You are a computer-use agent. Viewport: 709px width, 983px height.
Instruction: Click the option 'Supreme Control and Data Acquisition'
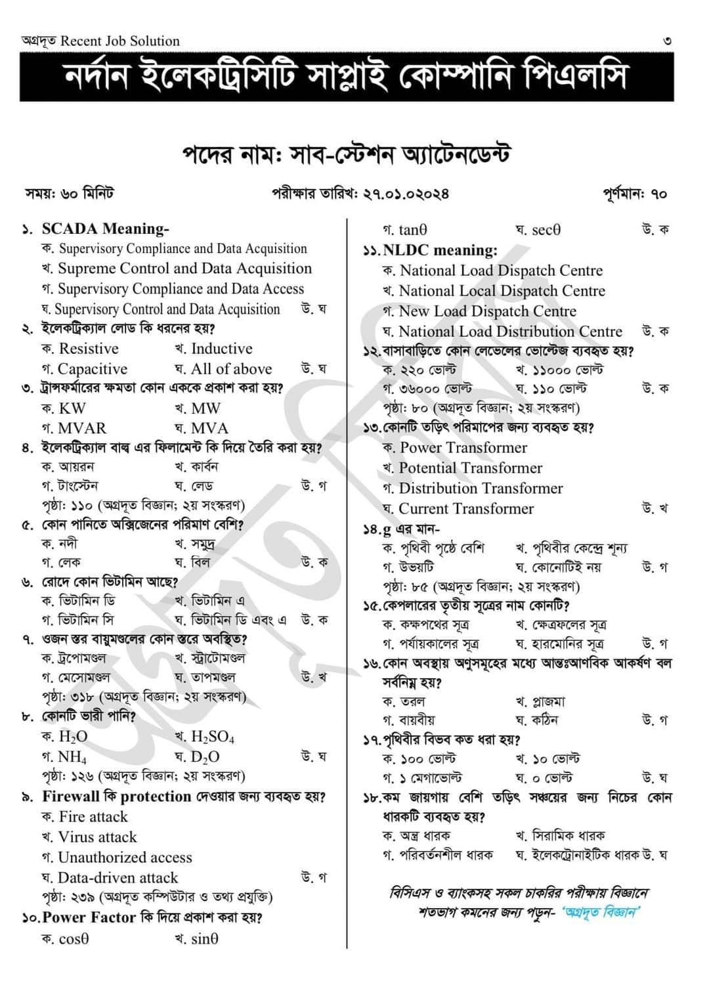coord(184,269)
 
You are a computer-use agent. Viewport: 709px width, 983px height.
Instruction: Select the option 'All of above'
coord(230,369)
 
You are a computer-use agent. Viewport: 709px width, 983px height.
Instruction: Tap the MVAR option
coord(81,428)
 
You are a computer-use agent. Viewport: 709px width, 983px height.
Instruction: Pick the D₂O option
coord(205,756)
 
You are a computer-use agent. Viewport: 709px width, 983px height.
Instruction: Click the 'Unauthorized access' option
coord(125,858)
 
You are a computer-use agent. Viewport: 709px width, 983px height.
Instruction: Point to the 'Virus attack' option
coord(97,837)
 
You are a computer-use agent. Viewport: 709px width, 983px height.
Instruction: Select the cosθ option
coord(73,939)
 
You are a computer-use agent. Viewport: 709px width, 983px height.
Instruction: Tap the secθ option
coord(546,230)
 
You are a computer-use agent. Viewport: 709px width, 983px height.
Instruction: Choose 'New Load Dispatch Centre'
coord(487,311)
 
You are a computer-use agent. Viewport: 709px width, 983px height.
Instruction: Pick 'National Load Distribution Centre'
coord(510,332)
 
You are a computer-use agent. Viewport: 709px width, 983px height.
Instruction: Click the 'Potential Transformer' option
coord(470,468)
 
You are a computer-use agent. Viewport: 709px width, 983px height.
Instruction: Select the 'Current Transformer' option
coord(466,509)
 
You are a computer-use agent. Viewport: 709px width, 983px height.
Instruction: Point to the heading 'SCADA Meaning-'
coord(105,229)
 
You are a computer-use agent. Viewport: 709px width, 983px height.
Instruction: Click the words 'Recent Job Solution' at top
coord(120,41)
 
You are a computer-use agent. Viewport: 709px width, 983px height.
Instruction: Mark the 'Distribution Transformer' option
coord(481,489)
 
